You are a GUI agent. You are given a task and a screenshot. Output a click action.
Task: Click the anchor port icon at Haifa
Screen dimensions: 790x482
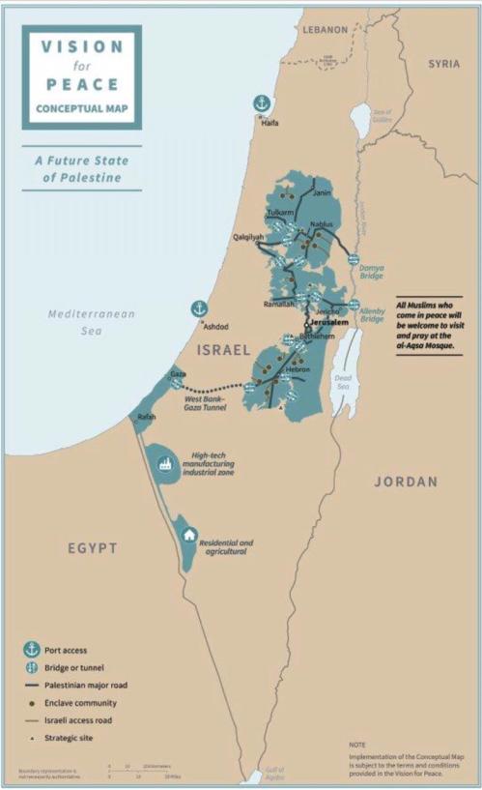point(261,102)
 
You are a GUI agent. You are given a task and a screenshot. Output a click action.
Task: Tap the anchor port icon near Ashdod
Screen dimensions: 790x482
point(200,308)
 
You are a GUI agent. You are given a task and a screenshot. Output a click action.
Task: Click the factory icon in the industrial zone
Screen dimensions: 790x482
point(163,462)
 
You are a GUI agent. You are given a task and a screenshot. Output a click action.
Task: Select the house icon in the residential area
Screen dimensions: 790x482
point(189,533)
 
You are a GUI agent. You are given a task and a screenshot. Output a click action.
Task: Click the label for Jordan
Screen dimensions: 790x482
point(406,481)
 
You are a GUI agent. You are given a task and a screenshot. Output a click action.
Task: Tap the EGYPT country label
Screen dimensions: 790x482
point(92,548)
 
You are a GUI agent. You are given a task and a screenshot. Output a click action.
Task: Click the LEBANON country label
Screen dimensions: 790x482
point(324,30)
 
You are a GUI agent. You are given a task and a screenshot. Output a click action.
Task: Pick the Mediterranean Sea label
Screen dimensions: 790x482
point(92,321)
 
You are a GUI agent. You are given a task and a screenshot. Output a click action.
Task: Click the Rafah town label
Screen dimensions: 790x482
point(147,417)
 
